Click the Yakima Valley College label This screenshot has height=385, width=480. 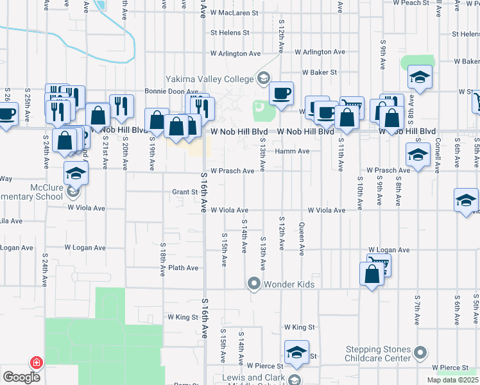point(210,79)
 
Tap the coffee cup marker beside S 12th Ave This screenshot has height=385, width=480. point(281,94)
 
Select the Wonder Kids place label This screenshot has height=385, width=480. point(289,283)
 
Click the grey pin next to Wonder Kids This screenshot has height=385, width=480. point(254,283)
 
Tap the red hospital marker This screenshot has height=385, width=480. point(37,363)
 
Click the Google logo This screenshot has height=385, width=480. point(21,377)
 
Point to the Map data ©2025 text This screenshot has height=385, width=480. point(453,380)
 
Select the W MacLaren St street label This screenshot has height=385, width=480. point(232,12)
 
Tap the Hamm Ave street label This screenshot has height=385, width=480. point(293,151)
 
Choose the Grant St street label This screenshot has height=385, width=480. point(184,192)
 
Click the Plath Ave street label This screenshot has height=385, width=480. point(184,268)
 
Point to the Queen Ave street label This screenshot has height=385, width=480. point(301,238)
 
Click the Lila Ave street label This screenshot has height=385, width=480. point(11,221)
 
